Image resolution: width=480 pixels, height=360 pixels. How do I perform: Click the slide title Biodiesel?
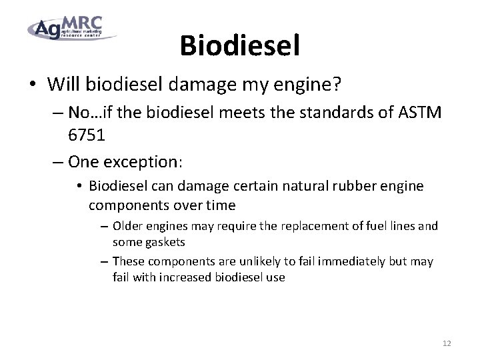[x=239, y=45]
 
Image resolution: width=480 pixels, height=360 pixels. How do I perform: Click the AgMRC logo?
[x=72, y=27]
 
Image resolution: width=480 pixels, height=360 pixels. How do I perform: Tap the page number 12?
[x=447, y=343]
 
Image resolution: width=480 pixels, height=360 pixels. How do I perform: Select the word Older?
[x=127, y=226]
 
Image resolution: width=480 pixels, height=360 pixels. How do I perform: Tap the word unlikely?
[x=257, y=261]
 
